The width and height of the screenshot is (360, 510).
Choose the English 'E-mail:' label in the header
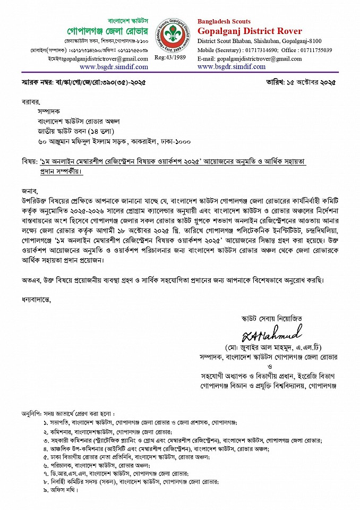point(205,58)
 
